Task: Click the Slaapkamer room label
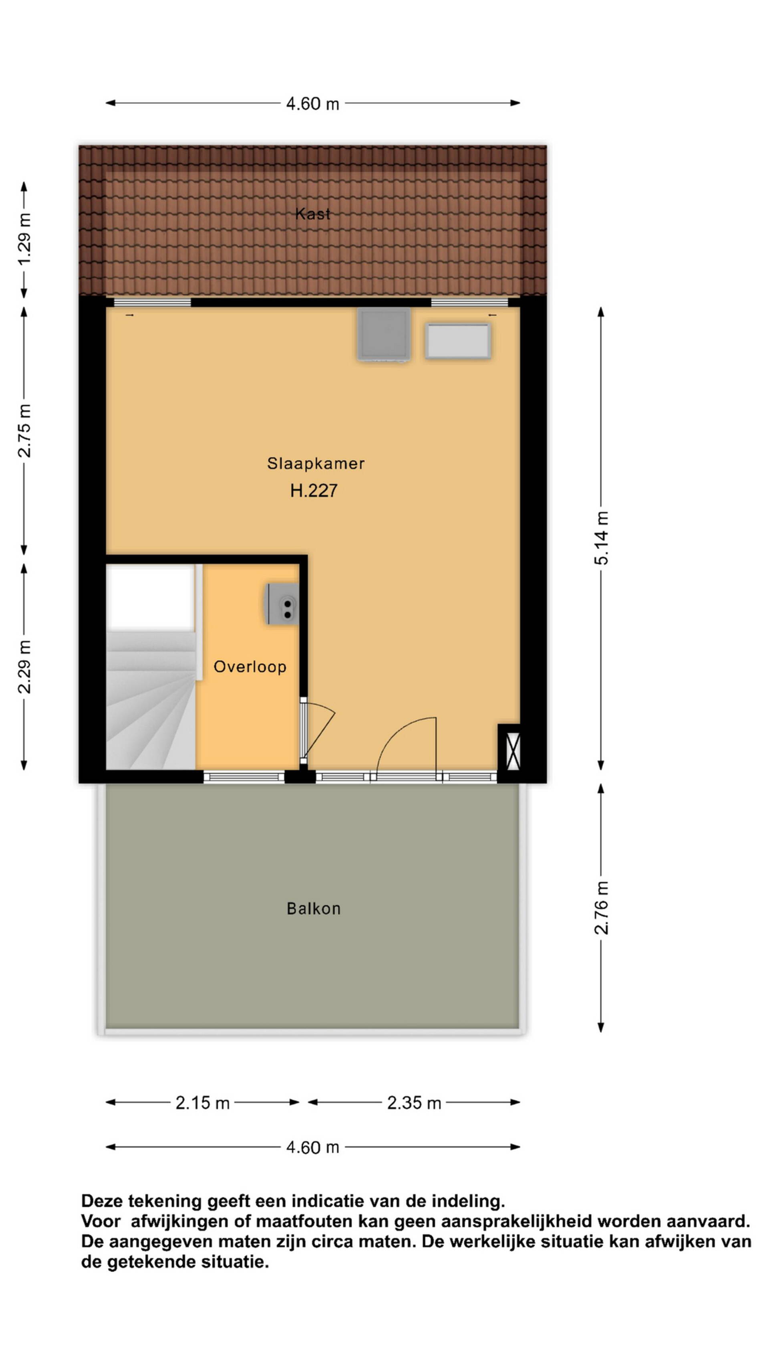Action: [x=315, y=464]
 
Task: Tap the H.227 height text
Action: [x=314, y=490]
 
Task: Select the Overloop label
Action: [x=250, y=667]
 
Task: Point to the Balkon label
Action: [x=314, y=909]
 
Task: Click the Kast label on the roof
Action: [x=312, y=214]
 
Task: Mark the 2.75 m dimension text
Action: [x=24, y=431]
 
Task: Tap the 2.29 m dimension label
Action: [x=24, y=667]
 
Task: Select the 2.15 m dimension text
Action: [x=203, y=1103]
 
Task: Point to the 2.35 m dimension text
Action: [x=414, y=1103]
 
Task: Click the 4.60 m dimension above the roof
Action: [x=312, y=103]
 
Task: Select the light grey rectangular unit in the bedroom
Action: [x=457, y=341]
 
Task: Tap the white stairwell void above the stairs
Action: [x=151, y=598]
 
